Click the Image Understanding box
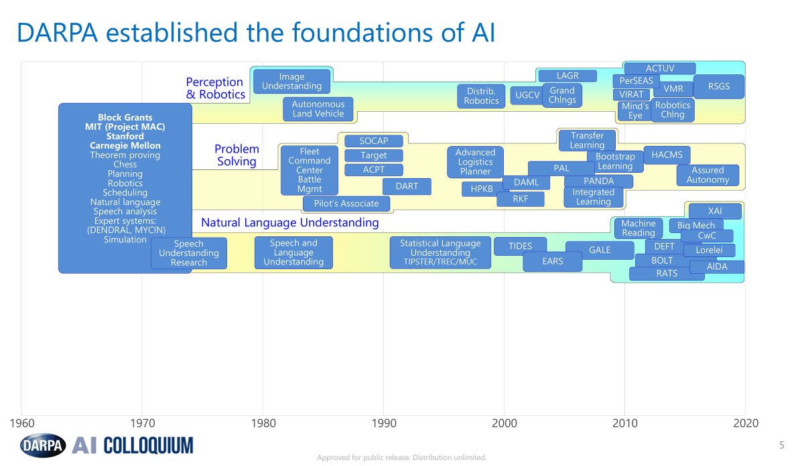(291, 81)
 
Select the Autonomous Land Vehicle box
(318, 108)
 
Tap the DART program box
(407, 186)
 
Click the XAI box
(715, 211)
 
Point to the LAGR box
(567, 76)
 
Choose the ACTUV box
(659, 68)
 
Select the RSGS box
(719, 86)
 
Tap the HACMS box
(667, 155)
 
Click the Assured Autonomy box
(708, 175)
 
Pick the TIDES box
(520, 246)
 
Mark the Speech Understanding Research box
(189, 253)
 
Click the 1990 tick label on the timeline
(383, 423)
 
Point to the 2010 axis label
(624, 423)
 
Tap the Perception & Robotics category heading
(215, 88)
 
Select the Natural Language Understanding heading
(290, 222)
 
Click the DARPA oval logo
(43, 444)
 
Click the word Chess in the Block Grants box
(125, 164)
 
